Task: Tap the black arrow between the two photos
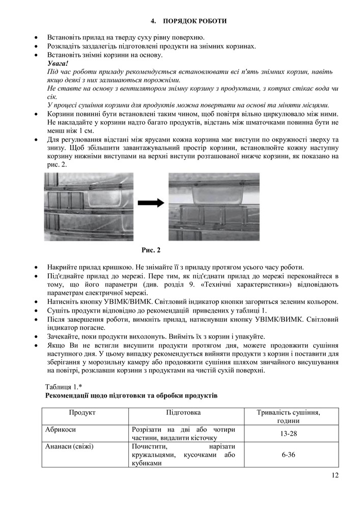coord(151,203)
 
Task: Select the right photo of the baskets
coord(214,207)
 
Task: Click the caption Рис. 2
coord(151,250)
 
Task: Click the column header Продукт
coord(82,412)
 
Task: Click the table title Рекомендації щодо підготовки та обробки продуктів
coord(131,395)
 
